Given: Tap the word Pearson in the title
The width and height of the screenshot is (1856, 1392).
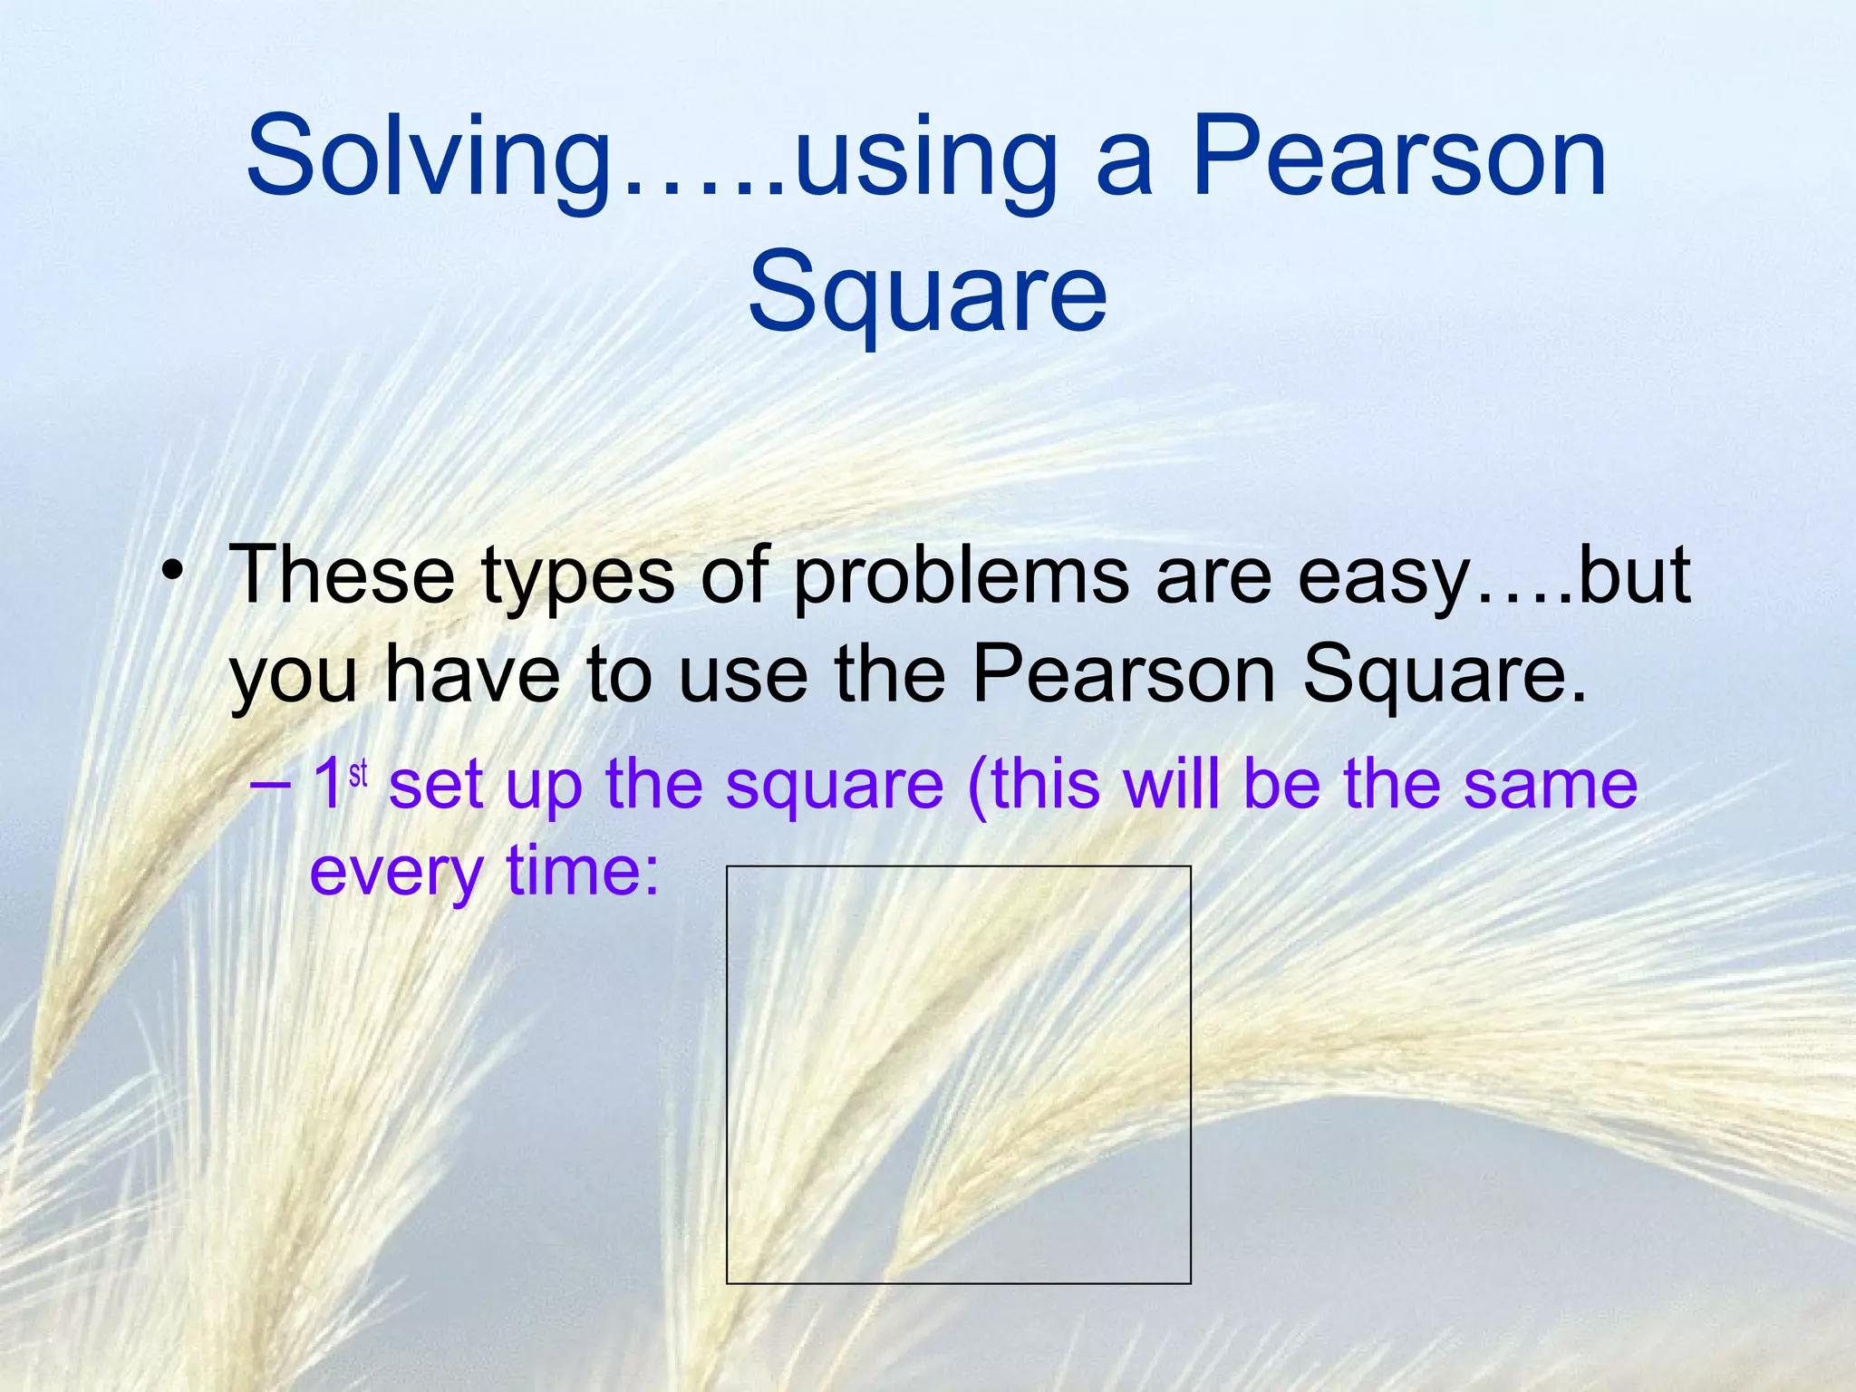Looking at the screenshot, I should pyautogui.click(x=1398, y=156).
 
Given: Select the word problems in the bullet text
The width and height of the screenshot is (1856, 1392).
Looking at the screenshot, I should pyautogui.click(x=961, y=578).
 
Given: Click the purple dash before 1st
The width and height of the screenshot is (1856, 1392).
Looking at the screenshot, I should pyautogui.click(x=269, y=784).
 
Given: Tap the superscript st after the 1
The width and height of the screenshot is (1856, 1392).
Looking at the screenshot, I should pyautogui.click(x=358, y=773).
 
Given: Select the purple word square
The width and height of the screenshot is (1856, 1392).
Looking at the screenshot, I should pyautogui.click(x=834, y=785).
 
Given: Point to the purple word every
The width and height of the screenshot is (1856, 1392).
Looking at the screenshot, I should pyautogui.click(x=396, y=872).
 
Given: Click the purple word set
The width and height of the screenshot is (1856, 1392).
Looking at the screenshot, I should pyautogui.click(x=435, y=785).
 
